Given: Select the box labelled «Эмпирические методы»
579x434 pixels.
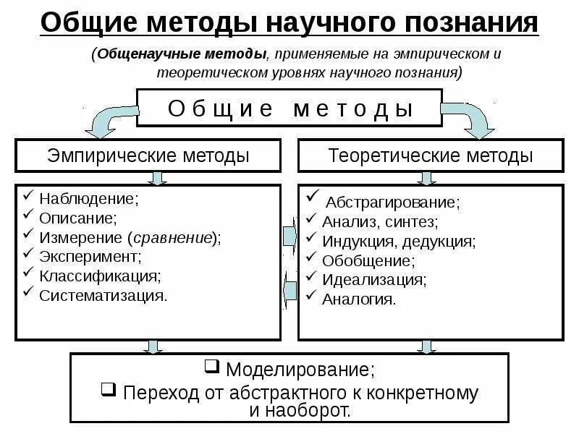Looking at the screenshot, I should (x=148, y=156).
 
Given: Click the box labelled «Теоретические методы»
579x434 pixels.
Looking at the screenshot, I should (x=431, y=156).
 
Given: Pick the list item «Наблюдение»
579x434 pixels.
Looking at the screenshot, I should (x=88, y=198).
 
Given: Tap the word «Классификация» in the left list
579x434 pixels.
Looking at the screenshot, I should (x=99, y=276).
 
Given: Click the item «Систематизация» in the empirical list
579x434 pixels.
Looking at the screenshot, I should (x=103, y=295).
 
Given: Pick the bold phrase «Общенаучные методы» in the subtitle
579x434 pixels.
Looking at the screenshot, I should (x=180, y=55).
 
